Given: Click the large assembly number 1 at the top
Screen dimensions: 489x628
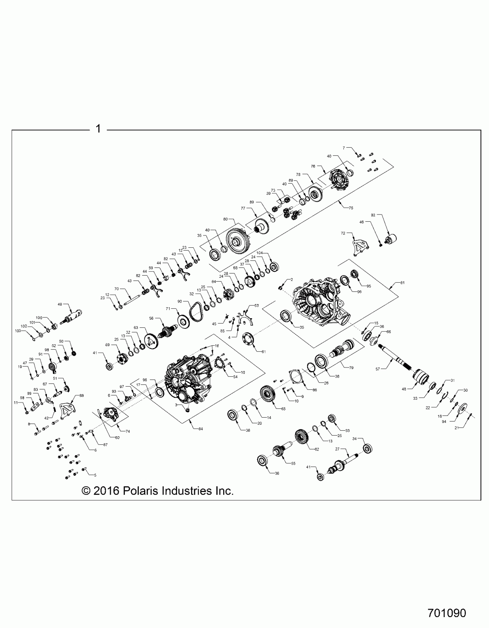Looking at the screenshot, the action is (x=98, y=128).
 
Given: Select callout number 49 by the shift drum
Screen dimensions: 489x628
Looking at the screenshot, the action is (x=60, y=304).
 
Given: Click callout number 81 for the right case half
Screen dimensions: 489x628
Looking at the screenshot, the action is (x=402, y=283).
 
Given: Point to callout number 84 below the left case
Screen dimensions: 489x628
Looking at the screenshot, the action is (x=200, y=429).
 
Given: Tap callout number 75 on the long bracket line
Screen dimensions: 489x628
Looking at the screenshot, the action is (x=351, y=208).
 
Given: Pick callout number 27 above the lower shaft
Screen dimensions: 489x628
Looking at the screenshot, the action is (x=337, y=449).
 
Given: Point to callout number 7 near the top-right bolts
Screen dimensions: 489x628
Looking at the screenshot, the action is (x=343, y=148).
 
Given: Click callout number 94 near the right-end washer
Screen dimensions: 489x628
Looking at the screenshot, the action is (x=444, y=422).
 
